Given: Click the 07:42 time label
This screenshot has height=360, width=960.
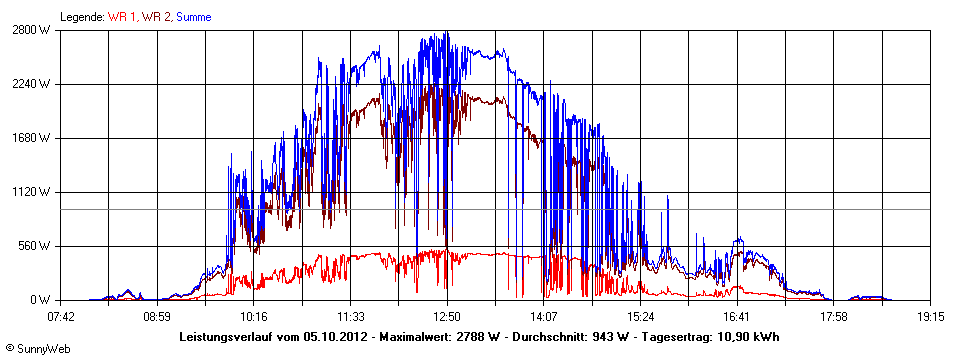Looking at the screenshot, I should tap(62, 316).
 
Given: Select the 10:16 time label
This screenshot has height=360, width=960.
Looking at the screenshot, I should tap(253, 316).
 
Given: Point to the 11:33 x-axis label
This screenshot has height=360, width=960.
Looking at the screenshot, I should tap(350, 316).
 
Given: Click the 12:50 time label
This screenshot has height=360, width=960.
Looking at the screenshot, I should tap(447, 316).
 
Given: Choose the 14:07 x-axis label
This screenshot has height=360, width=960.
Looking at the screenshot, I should tap(543, 316).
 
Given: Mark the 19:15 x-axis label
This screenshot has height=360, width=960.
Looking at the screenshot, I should tap(930, 316).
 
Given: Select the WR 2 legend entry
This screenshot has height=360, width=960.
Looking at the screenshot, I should tap(155, 17).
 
